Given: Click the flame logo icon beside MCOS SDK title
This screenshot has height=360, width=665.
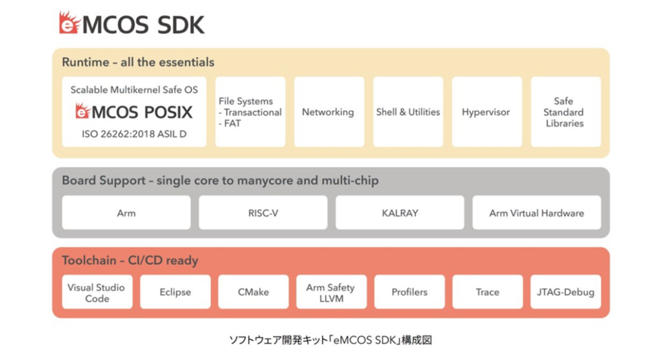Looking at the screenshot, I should coord(70,23).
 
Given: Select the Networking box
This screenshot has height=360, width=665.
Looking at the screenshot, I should coord(329,112).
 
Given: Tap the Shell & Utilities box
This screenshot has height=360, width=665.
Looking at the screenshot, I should coord(408,112).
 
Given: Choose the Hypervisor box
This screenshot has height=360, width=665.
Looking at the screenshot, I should coord(487,112).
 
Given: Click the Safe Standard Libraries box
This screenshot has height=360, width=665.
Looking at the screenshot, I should coord(565,112).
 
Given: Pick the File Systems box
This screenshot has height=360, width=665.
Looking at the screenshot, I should coord(250,112).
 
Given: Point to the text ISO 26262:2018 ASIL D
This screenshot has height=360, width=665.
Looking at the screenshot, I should coord(134,134).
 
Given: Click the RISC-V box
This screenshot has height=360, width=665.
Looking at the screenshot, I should coord(263,213).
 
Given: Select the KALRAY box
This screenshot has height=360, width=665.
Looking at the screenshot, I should coord(400,213).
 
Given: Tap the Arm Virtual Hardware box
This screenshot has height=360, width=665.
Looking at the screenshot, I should coord(536,213).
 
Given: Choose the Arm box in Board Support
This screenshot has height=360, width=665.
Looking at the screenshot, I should coord(126,213).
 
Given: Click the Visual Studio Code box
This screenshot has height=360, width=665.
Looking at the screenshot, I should coord(97,292).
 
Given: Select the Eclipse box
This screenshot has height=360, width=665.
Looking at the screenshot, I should coord(175,292).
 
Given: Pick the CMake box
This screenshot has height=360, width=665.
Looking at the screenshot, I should coord(253,292).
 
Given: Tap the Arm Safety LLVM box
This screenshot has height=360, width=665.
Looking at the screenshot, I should coord(331,292).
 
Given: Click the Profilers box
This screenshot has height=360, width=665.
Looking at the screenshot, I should coord(410,292).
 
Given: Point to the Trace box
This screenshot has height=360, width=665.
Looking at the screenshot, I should coord(487,292).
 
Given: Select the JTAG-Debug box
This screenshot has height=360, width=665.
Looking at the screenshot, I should coord(565,292).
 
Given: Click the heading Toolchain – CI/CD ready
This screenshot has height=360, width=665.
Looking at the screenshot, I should coord(130,260).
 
